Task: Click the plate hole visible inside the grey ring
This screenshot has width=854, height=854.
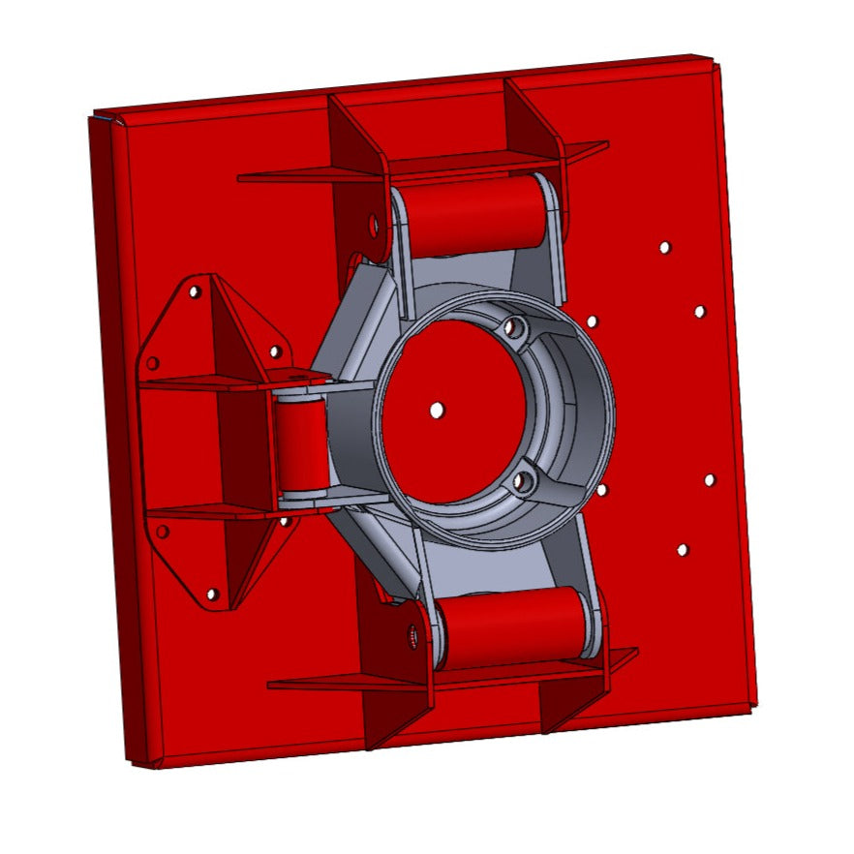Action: [x=437, y=410]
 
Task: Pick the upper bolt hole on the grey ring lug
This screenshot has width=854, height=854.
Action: [x=516, y=330]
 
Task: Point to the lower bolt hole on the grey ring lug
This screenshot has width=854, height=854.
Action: [x=524, y=478]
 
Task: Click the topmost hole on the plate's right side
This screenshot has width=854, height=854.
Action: [x=664, y=247]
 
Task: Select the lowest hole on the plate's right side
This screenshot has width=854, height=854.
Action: [x=683, y=550]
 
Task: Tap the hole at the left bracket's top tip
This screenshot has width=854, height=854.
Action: [x=195, y=290]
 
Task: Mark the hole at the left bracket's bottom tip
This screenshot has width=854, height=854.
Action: [x=213, y=594]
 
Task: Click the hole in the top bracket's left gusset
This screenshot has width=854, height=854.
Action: [x=375, y=226]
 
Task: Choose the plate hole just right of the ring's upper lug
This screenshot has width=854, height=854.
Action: [x=591, y=320]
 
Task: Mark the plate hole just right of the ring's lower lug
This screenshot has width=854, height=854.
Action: [x=601, y=490]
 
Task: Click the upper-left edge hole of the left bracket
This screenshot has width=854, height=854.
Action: [x=152, y=363]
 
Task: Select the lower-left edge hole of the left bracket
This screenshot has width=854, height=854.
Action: [x=163, y=531]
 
